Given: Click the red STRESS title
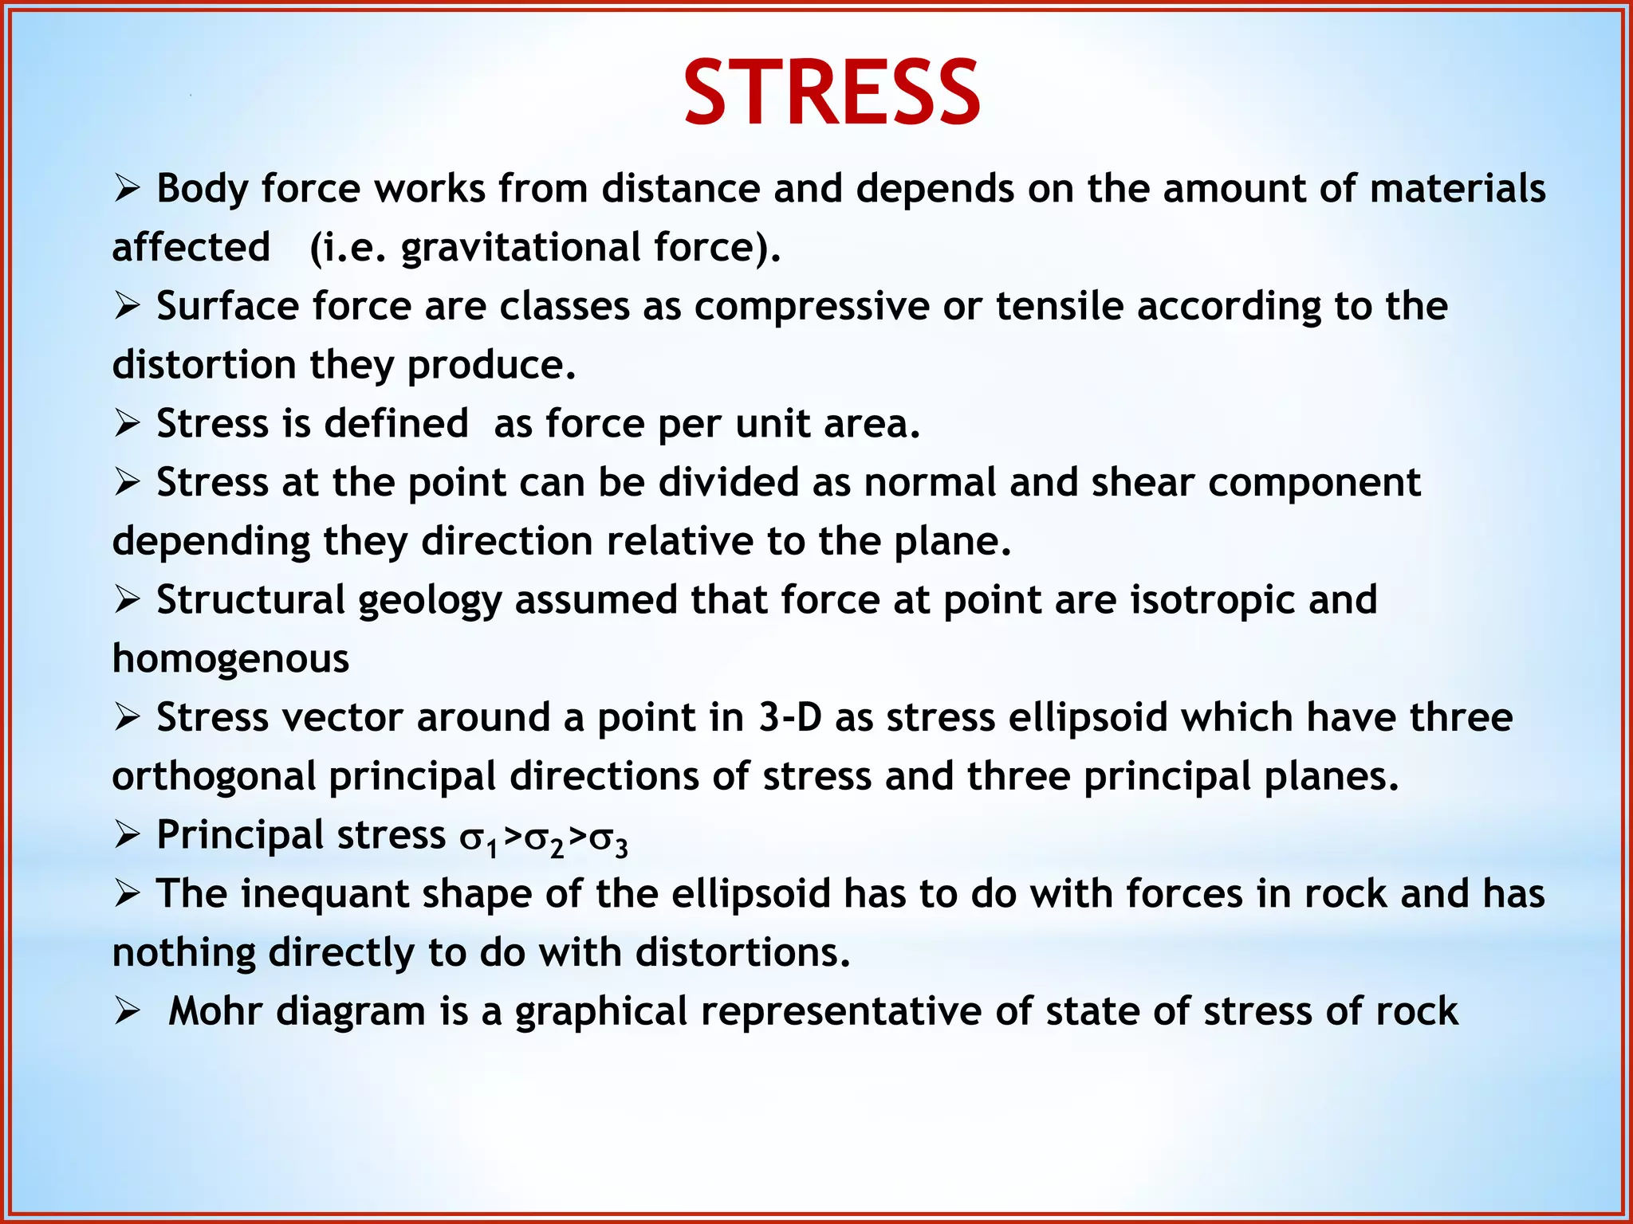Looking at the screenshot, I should click(x=832, y=93).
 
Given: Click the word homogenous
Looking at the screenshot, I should click(x=230, y=659).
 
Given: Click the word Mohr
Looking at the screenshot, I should click(x=215, y=1011).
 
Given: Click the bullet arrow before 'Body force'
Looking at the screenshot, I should click(x=127, y=190).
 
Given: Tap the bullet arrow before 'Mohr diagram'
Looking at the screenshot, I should click(x=127, y=1012).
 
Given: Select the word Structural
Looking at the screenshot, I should click(x=250, y=600).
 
